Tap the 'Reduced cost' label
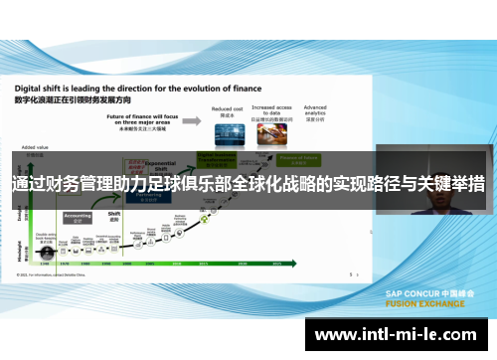[x=227, y=108]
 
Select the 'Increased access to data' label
[x=270, y=110]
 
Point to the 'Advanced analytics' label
[x=315, y=108]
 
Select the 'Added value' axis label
[x=34, y=146]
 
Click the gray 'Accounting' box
[x=78, y=216]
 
